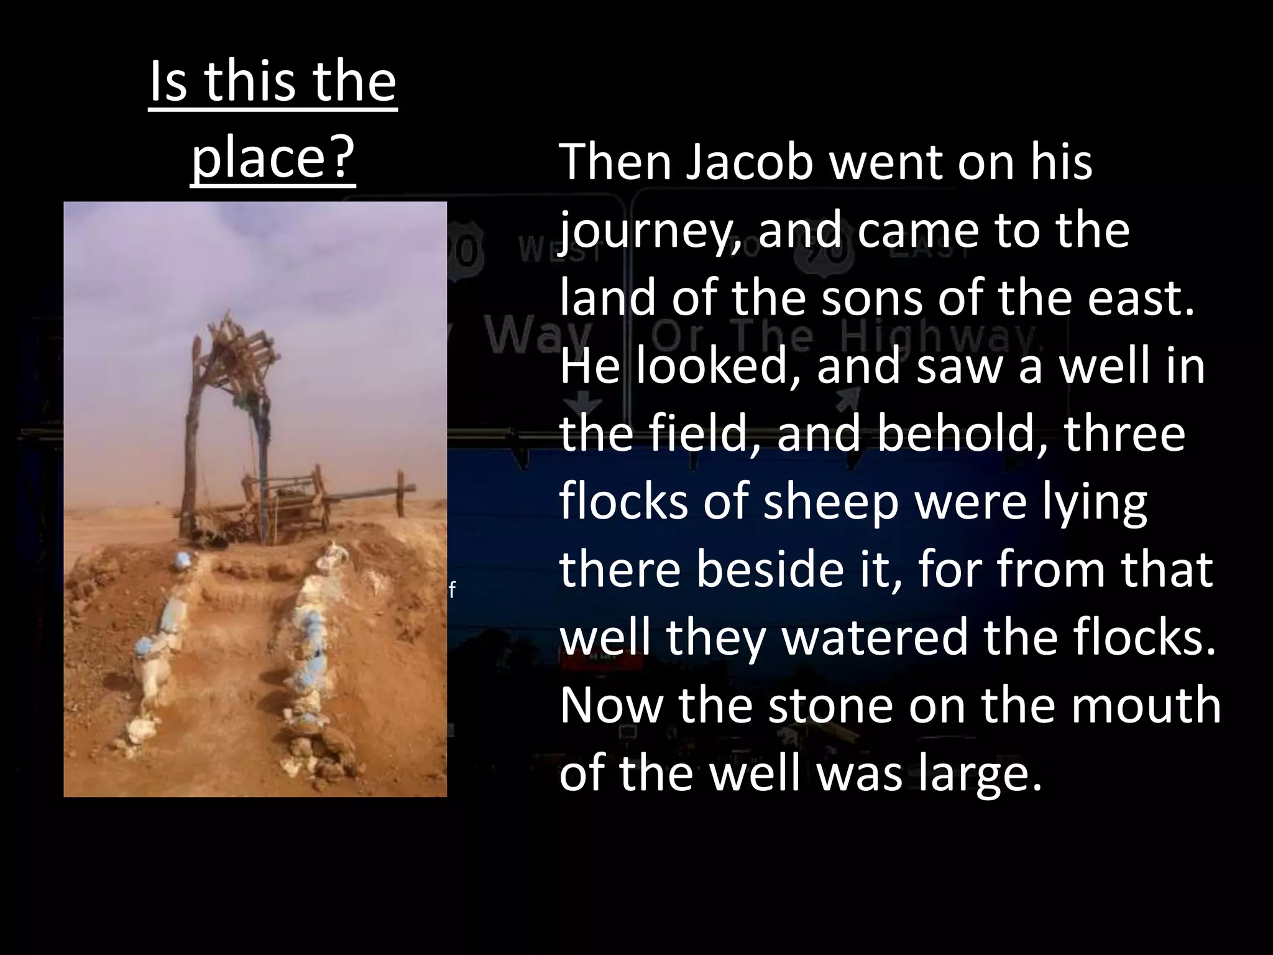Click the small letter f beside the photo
tap(453, 590)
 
